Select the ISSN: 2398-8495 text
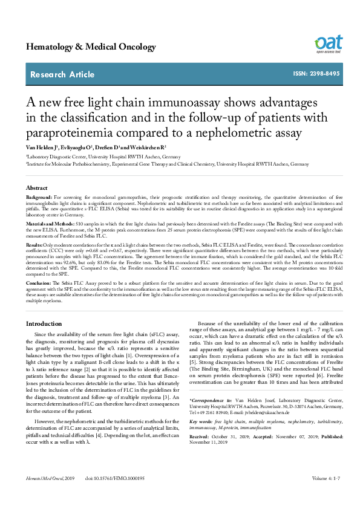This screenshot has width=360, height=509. coord(316,74)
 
